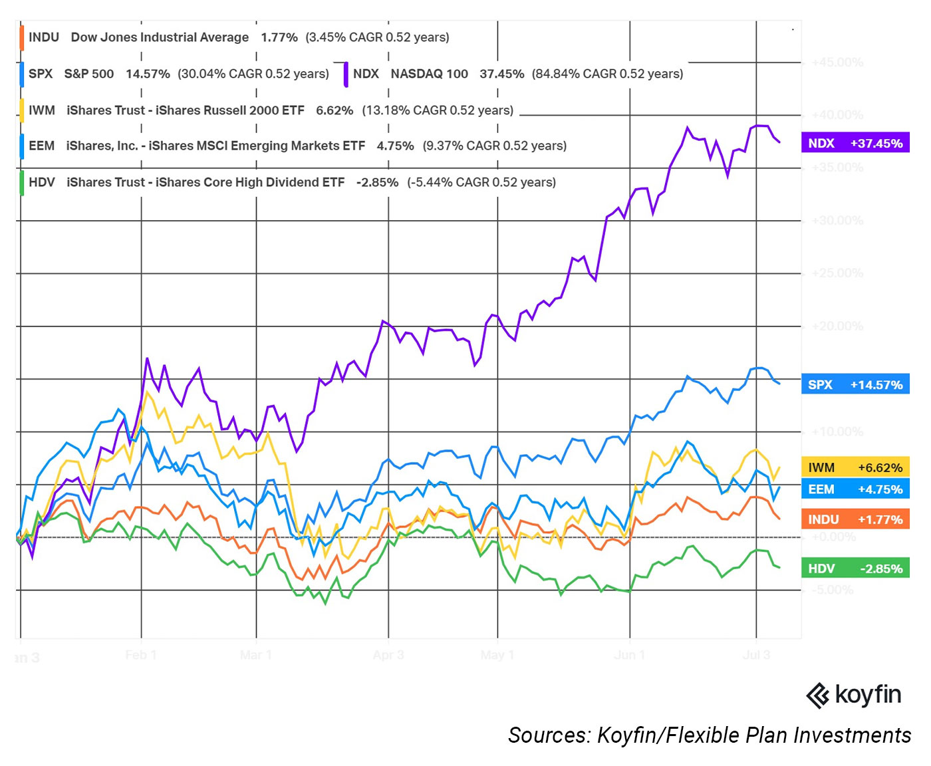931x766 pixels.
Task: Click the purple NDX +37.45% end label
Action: [855, 143]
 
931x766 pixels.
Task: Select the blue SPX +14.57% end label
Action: [855, 384]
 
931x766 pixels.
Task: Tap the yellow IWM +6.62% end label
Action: [855, 467]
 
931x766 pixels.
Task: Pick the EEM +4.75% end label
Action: [855, 489]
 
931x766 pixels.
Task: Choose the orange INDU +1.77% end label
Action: [855, 519]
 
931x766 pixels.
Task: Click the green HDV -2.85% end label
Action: [855, 569]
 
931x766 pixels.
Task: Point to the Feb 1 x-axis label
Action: [141, 655]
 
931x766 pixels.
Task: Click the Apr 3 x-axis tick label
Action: [388, 655]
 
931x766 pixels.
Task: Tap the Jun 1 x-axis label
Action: [629, 655]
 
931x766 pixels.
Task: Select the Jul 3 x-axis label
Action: [756, 655]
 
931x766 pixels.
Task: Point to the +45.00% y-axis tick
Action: [837, 63]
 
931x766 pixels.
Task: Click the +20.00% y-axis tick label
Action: [837, 326]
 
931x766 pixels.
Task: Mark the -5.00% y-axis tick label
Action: [832, 590]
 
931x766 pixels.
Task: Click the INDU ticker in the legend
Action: [44, 37]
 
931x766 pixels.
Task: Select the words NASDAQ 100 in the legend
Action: [429, 74]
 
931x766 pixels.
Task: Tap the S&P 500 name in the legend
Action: [88, 74]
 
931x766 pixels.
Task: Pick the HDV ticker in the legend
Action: [42, 182]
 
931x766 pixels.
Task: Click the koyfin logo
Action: [854, 695]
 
